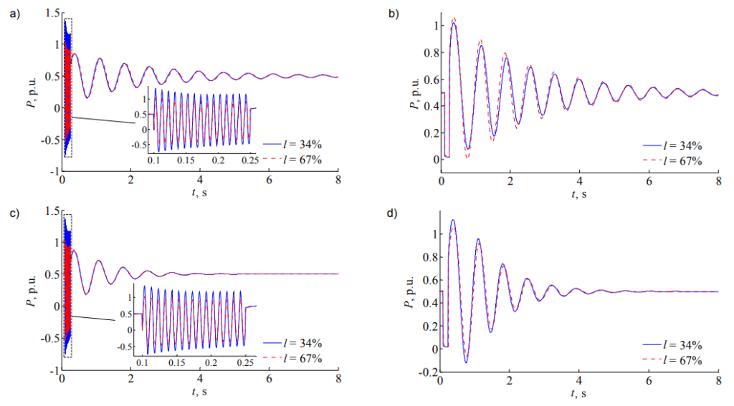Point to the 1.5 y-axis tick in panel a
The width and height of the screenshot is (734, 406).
tap(51, 12)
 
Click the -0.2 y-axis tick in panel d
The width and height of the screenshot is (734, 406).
tap(425, 372)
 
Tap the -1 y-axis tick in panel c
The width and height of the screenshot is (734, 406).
tap(52, 371)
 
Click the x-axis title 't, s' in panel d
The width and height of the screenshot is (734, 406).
tap(579, 394)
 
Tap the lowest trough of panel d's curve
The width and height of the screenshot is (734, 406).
tap(464, 362)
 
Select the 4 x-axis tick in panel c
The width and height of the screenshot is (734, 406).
tap(200, 380)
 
